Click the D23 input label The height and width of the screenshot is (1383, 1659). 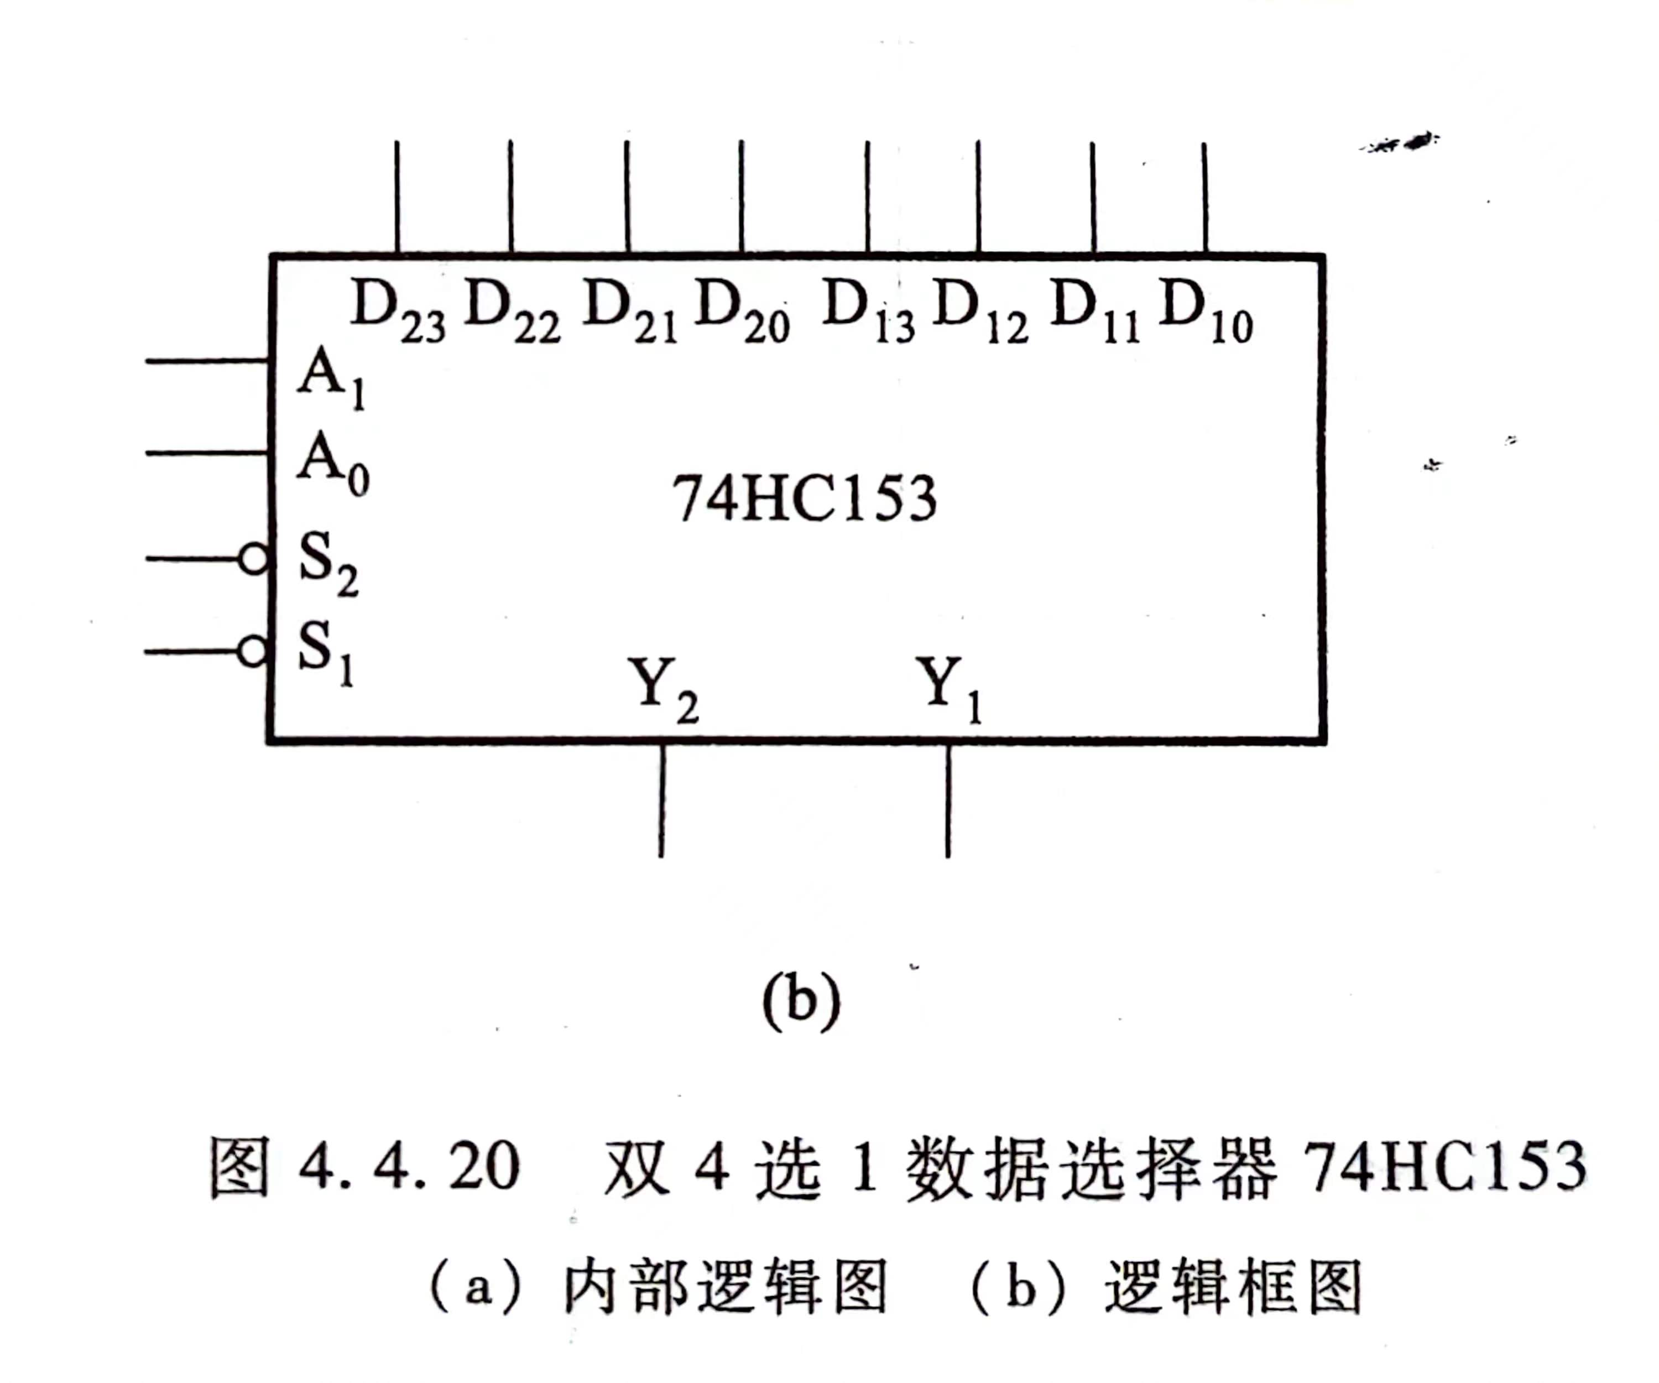pyautogui.click(x=398, y=312)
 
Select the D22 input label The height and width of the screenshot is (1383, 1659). pyautogui.click(x=512, y=312)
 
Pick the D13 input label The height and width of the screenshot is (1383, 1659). pyautogui.click(x=868, y=312)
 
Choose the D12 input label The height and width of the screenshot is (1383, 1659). pyautogui.click(x=980, y=312)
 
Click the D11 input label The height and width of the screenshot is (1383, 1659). pyautogui.click(x=1095, y=312)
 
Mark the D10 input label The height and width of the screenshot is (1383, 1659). pyautogui.click(x=1206, y=312)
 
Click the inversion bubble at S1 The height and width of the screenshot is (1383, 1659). pyautogui.click(x=252, y=652)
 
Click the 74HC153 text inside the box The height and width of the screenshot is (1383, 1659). pyautogui.click(x=804, y=498)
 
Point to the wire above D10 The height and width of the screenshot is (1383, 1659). pyautogui.click(x=1205, y=197)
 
